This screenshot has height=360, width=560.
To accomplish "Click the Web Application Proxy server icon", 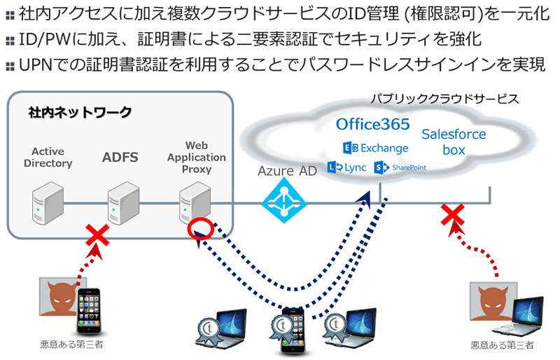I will click(192, 203).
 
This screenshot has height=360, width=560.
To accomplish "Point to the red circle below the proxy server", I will click(199, 230).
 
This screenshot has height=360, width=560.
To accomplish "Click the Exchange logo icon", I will click(348, 148).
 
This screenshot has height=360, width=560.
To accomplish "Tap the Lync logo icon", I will click(335, 167).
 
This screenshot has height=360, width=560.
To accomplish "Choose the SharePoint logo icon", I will click(381, 167).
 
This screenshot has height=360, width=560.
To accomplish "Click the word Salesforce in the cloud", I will click(454, 134).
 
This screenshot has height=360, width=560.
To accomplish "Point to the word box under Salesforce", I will click(454, 150).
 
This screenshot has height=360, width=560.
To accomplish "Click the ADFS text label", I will click(120, 158).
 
